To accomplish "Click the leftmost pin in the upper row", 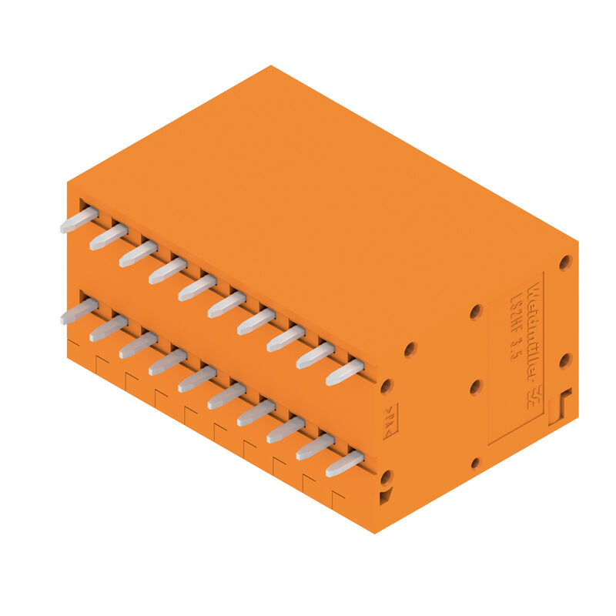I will click(79, 219).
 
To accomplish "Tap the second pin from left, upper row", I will click(109, 236).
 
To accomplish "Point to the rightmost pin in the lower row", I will click(344, 464).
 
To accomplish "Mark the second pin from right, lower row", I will click(315, 447).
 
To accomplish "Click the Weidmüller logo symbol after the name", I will click(531, 397).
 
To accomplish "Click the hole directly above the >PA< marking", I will click(387, 386).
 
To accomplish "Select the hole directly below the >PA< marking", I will click(387, 477).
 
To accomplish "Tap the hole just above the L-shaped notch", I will click(564, 360).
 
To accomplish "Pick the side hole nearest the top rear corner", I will click(565, 263).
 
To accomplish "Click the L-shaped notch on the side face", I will click(560, 407).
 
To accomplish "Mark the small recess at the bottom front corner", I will click(384, 497).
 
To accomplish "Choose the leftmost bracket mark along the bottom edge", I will click(73, 342).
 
